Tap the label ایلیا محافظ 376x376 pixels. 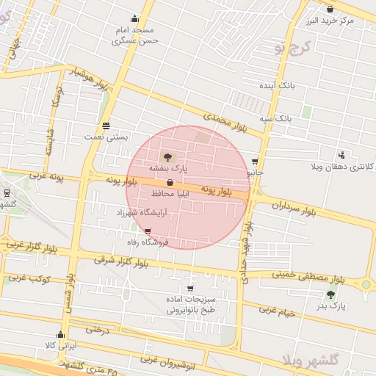[x=171, y=193]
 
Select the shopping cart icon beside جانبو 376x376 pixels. [x=255, y=162]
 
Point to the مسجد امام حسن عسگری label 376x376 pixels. [x=135, y=36]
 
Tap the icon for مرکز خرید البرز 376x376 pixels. [x=330, y=10]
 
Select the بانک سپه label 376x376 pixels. [x=279, y=118]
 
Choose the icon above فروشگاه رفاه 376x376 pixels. [x=149, y=231]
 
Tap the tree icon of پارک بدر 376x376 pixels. [x=330, y=294]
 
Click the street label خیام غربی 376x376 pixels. [x=276, y=311]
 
